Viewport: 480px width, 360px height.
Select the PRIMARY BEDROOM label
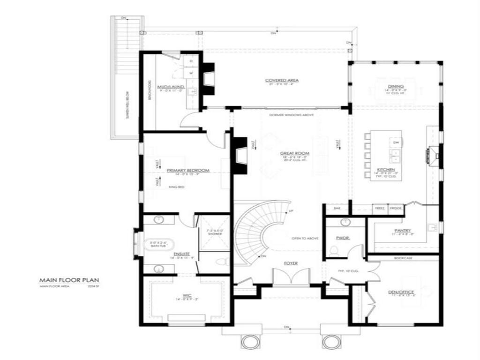(x=187, y=171)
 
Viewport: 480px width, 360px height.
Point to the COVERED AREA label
(x=282, y=80)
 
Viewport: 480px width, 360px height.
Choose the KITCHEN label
(x=386, y=169)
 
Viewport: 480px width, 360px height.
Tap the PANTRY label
(x=403, y=231)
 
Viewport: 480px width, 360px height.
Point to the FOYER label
(x=291, y=263)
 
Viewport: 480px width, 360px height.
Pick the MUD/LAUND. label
(x=170, y=87)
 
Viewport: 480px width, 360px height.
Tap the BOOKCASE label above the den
(x=403, y=258)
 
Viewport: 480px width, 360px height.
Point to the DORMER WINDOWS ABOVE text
(x=291, y=115)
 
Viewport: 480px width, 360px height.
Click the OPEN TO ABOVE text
(x=305, y=239)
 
